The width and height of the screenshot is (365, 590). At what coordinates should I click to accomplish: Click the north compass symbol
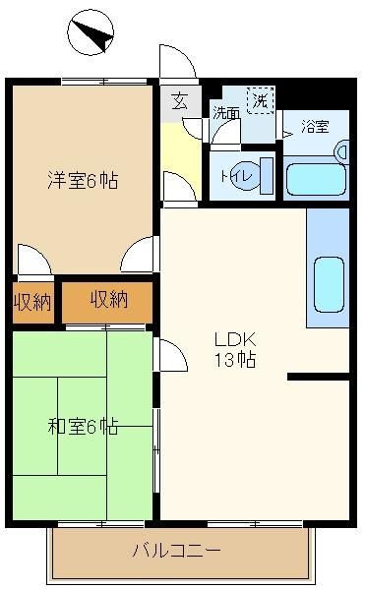91,33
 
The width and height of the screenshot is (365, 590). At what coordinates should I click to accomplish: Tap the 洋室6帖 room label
83,180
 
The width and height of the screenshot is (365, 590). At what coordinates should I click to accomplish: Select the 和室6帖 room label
83,427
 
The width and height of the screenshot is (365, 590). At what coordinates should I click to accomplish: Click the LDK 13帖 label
235,349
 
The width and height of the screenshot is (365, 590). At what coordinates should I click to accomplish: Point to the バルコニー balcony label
176,551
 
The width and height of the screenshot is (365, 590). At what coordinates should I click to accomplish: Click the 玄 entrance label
180,101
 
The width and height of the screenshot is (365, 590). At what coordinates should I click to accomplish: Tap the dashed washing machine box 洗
261,100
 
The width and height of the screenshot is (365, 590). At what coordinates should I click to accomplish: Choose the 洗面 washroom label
225,113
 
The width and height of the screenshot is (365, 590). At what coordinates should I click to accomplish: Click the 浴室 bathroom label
316,127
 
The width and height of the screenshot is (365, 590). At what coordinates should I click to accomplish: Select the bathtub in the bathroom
316,179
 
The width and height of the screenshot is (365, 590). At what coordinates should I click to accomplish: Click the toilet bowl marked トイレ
247,176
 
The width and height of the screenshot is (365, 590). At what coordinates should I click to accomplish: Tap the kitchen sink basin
329,284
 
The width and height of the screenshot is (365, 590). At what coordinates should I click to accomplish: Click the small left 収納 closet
32,302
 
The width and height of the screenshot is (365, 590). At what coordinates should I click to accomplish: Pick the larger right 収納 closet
107,301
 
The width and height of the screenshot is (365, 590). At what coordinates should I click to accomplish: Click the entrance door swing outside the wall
178,61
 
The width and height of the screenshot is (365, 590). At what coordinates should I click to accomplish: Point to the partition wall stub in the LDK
319,377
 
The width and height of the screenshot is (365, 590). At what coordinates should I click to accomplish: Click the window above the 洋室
104,81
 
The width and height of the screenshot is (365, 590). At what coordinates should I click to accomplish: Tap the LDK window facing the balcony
255,523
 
